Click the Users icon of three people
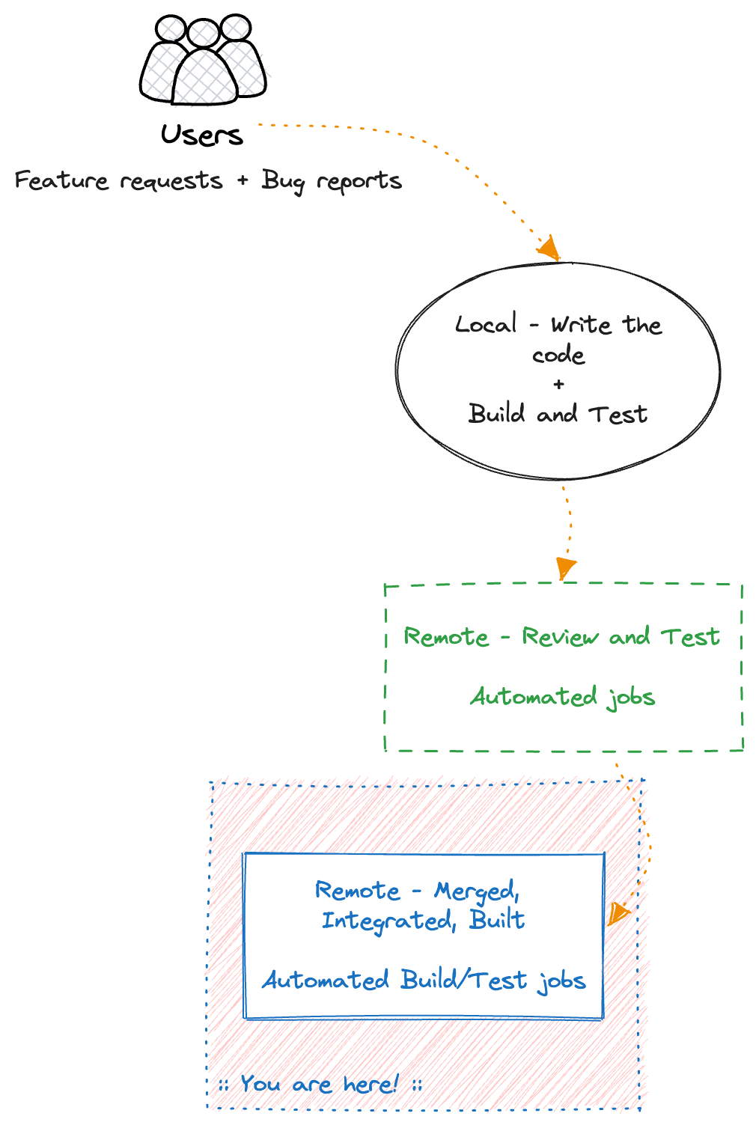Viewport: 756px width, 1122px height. click(x=203, y=60)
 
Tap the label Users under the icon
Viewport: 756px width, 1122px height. click(x=202, y=135)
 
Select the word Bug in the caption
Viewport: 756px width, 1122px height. click(x=282, y=181)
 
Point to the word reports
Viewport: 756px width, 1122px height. click(x=359, y=181)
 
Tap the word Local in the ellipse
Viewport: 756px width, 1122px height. click(x=486, y=324)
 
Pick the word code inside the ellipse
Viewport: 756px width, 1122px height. click(x=558, y=354)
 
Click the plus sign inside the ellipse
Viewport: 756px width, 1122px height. click(x=558, y=384)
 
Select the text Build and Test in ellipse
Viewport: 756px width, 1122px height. click(x=558, y=414)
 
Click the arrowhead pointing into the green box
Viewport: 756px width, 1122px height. click(x=565, y=568)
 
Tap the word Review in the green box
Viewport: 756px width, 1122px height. click(x=560, y=637)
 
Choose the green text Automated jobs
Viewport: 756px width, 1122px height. click(x=563, y=697)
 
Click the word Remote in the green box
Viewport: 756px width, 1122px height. click(x=446, y=637)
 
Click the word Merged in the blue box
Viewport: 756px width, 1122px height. click(x=476, y=891)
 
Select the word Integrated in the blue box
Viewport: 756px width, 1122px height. click(x=387, y=921)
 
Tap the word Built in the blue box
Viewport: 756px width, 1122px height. click(x=497, y=920)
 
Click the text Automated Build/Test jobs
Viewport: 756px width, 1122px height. click(x=424, y=981)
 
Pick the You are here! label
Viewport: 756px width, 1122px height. click(x=320, y=1084)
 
